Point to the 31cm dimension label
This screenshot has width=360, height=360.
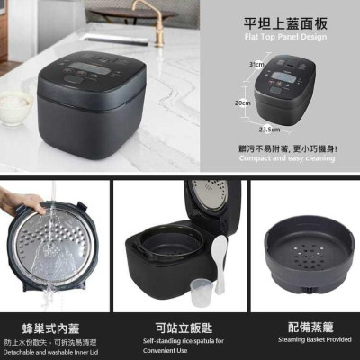[258, 65]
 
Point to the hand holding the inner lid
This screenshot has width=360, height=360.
[16, 202]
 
